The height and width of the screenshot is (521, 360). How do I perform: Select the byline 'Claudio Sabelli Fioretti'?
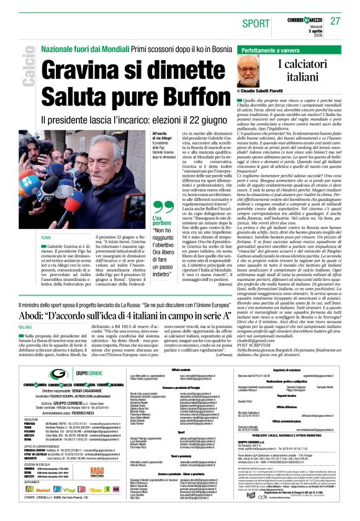pyautogui.click(x=272, y=91)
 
